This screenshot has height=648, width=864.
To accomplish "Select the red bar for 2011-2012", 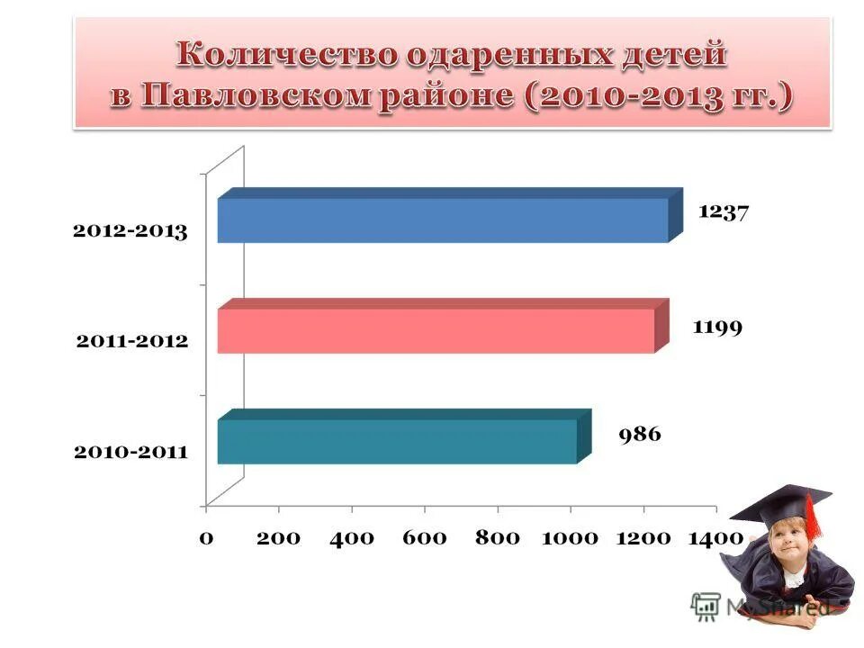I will point(436,330).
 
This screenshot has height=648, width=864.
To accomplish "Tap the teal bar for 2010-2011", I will point(397,441).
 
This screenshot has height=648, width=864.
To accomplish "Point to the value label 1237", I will point(724,213).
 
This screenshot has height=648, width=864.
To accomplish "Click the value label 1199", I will point(716,326).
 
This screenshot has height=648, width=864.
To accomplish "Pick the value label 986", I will point(639,435).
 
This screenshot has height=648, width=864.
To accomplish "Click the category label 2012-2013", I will point(130,231).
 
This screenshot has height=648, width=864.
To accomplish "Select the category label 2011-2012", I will point(130,341).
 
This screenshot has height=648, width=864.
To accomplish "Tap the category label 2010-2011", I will point(130,452).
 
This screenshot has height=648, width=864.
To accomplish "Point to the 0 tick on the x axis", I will point(206,538).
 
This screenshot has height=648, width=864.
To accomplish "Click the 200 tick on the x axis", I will point(277,538).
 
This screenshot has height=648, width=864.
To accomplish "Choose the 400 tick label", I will point(351,538).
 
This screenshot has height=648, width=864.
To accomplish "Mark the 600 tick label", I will point(424,538).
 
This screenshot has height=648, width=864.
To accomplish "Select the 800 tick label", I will point(497,538).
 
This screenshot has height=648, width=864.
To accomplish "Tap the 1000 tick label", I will point(570,538).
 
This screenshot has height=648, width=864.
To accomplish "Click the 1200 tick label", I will point(643,538).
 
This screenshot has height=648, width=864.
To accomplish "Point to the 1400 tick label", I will point(715,538).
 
